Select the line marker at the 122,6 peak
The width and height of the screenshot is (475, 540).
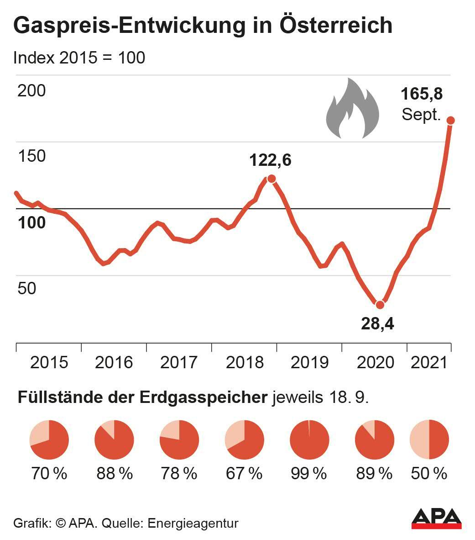[x=271, y=179]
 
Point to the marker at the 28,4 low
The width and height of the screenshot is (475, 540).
[x=380, y=305]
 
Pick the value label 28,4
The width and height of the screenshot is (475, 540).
[x=377, y=323]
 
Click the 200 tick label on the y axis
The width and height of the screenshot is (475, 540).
[x=31, y=90]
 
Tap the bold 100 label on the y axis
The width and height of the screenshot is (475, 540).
[x=31, y=222]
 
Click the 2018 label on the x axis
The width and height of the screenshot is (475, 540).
[x=245, y=362]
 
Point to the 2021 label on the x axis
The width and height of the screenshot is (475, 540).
[x=428, y=362]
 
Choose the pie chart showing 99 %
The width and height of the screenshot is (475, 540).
[x=309, y=440]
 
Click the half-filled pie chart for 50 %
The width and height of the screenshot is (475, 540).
[x=429, y=440]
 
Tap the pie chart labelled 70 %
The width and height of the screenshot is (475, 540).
[x=49, y=440]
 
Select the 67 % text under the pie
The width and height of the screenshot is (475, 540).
[x=244, y=473]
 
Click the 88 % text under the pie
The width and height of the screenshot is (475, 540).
[x=115, y=473]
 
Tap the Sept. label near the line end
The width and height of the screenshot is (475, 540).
[x=421, y=114]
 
